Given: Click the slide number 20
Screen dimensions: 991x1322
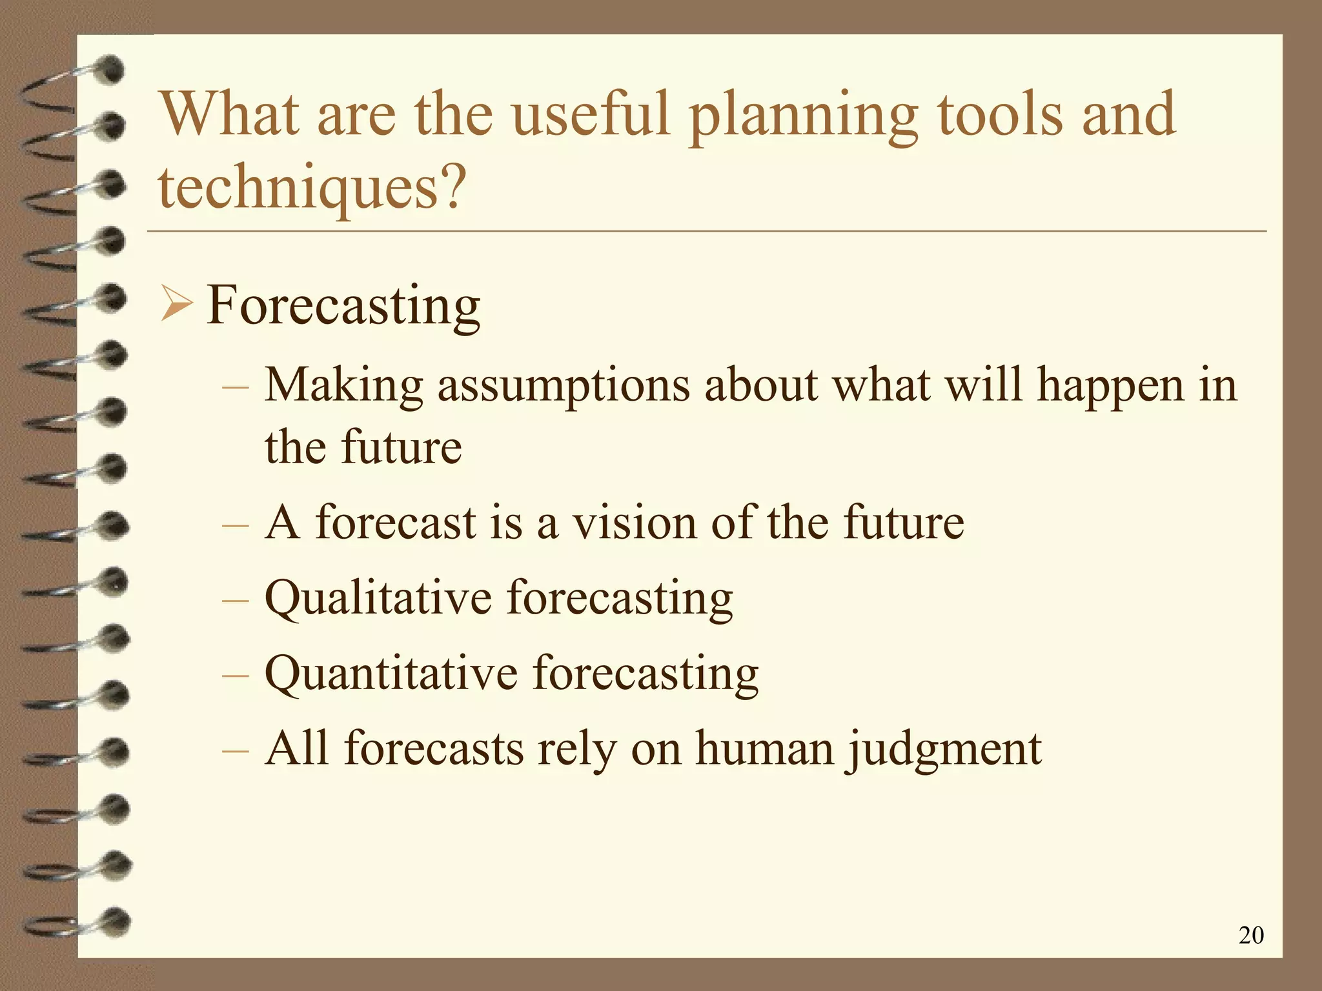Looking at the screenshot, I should point(1251,935).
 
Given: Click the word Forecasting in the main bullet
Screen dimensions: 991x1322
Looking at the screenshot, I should point(343,306).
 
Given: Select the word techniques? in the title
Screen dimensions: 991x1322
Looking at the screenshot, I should point(311,188).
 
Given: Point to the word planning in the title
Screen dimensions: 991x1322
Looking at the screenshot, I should point(802,116).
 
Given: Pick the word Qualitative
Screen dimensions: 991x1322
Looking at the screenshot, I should point(378,597).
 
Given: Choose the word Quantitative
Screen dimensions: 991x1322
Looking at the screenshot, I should point(391,673).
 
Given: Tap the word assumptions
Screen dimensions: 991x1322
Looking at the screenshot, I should point(564,386).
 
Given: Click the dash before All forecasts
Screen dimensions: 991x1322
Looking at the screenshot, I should point(234,750).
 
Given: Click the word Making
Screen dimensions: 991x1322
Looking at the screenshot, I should point(343,386).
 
